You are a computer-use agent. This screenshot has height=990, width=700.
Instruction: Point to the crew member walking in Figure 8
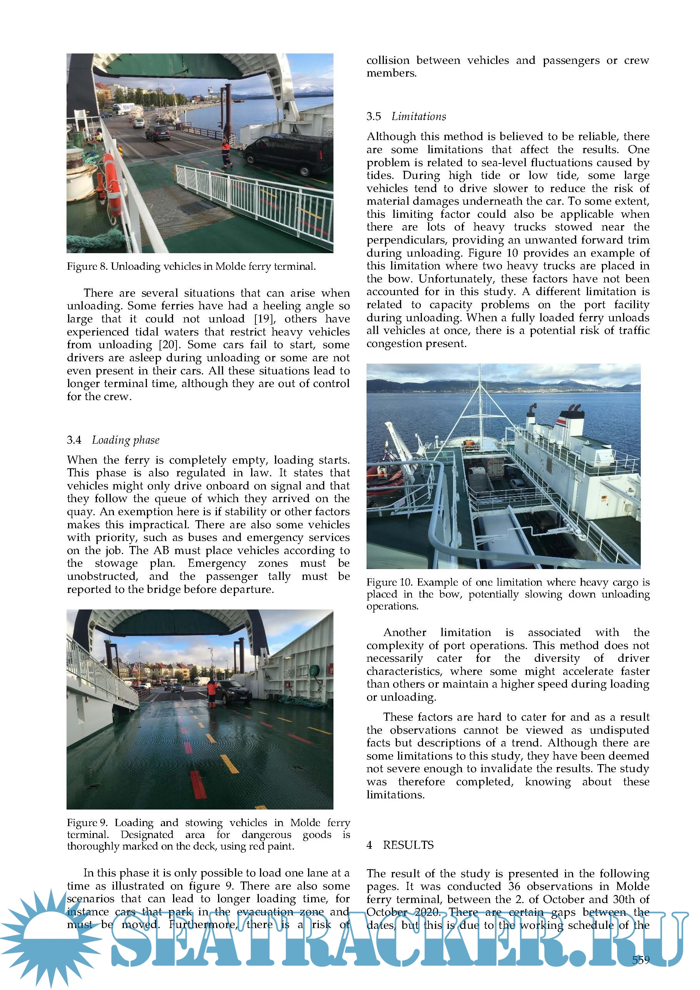pos(226,153)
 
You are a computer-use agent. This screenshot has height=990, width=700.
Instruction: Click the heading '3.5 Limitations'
pos(406,117)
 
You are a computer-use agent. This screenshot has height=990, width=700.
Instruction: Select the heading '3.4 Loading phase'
pos(113,440)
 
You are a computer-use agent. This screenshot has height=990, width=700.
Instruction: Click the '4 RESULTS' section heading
pos(400,845)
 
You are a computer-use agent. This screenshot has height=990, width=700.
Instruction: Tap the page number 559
pos(640,960)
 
